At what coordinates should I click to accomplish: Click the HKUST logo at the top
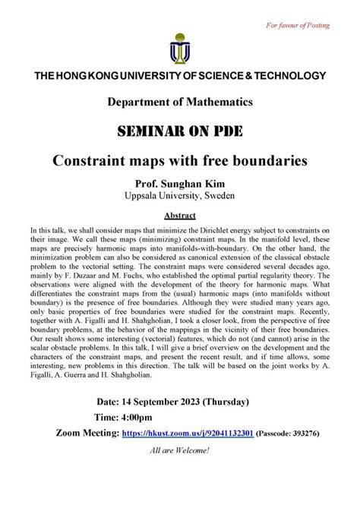coord(179,47)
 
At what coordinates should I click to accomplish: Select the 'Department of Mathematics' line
coord(180,102)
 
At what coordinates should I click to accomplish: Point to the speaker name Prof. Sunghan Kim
coord(180,183)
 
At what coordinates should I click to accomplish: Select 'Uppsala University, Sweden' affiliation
coord(180,196)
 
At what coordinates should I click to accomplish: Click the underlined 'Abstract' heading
coord(180,215)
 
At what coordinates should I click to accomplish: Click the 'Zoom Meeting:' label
coord(99,434)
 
